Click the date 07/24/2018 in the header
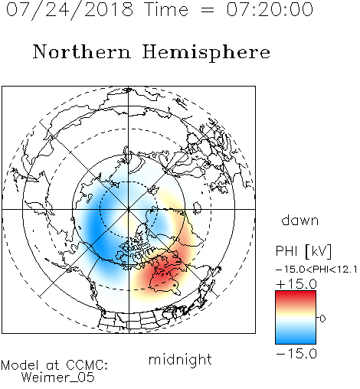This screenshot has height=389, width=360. click(70, 10)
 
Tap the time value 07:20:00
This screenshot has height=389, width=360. click(270, 9)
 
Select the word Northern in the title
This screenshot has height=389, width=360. click(82, 51)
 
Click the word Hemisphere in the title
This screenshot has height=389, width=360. click(206, 53)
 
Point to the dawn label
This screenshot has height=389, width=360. click(300, 221)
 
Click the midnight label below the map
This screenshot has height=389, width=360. click(180, 360)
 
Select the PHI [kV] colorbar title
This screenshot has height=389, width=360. click(303, 251)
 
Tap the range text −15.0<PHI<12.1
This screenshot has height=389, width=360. click(316, 270)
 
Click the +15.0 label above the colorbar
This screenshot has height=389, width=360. click(296, 284)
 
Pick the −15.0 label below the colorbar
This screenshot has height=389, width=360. click(296, 354)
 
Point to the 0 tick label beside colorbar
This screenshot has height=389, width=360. click(322, 319)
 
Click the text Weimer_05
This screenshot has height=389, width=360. click(58, 378)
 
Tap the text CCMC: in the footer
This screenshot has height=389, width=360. click(87, 365)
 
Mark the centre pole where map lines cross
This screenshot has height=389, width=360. click(129, 209)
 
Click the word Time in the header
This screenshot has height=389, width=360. click(166, 10)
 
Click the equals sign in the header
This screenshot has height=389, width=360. click(208, 11)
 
